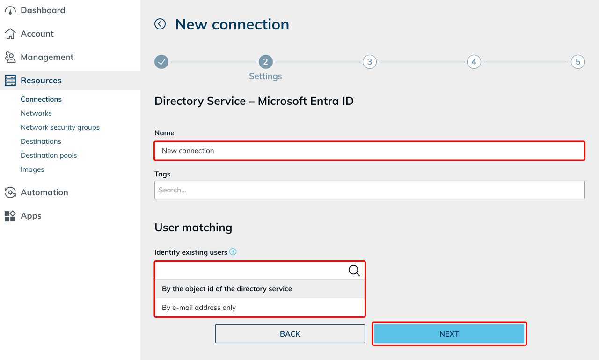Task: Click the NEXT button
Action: pyautogui.click(x=449, y=334)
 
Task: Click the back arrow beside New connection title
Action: pyautogui.click(x=160, y=24)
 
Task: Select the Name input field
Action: pyautogui.click(x=369, y=151)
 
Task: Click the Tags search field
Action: pyautogui.click(x=369, y=190)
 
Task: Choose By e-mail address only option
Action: pyautogui.click(x=199, y=308)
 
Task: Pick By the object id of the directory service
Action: pyautogui.click(x=227, y=289)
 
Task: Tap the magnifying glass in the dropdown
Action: pyautogui.click(x=354, y=271)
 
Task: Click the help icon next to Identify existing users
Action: pyautogui.click(x=233, y=252)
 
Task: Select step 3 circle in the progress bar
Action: pyautogui.click(x=370, y=62)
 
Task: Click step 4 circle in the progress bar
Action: pyautogui.click(x=474, y=62)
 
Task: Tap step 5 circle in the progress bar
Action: pyautogui.click(x=578, y=62)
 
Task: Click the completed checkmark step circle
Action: pyautogui.click(x=161, y=62)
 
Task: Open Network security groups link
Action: pyautogui.click(x=60, y=127)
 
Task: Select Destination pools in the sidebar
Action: pyautogui.click(x=49, y=155)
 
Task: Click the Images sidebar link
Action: pyautogui.click(x=32, y=169)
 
